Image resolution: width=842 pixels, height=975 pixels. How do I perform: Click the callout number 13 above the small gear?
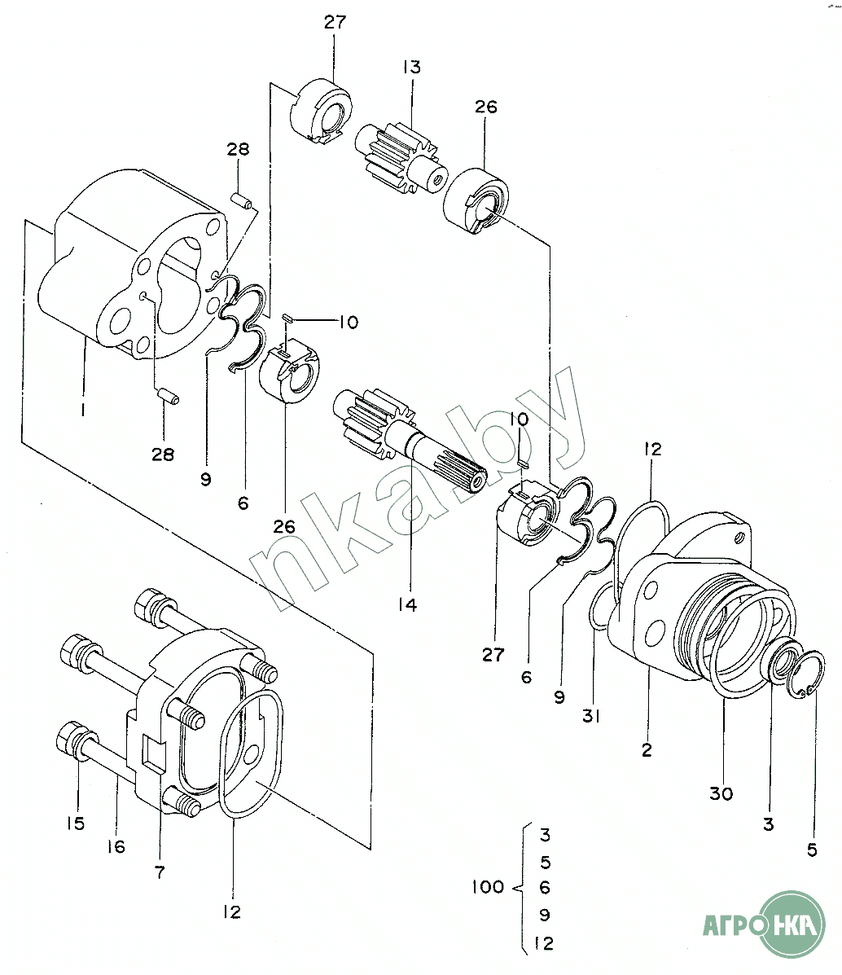click(x=412, y=67)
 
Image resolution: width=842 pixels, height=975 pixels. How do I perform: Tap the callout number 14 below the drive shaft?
click(x=408, y=604)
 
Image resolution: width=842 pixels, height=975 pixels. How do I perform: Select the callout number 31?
click(x=590, y=716)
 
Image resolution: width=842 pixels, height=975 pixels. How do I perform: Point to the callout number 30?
click(x=721, y=793)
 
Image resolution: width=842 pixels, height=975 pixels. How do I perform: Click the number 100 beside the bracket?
click(x=488, y=887)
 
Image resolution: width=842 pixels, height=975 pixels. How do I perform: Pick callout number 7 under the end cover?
click(x=160, y=872)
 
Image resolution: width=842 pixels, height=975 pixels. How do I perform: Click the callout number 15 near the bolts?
click(x=76, y=823)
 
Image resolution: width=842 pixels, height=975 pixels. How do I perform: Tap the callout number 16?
click(x=116, y=846)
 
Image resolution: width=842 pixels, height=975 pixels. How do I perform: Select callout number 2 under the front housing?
click(x=647, y=750)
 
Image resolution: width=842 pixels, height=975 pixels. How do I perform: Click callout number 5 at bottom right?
click(x=812, y=850)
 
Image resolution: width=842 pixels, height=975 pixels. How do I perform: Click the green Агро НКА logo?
click(x=765, y=925)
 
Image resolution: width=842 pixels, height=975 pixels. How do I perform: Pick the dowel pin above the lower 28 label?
click(x=168, y=396)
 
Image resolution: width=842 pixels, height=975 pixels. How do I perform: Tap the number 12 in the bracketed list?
click(x=543, y=943)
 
